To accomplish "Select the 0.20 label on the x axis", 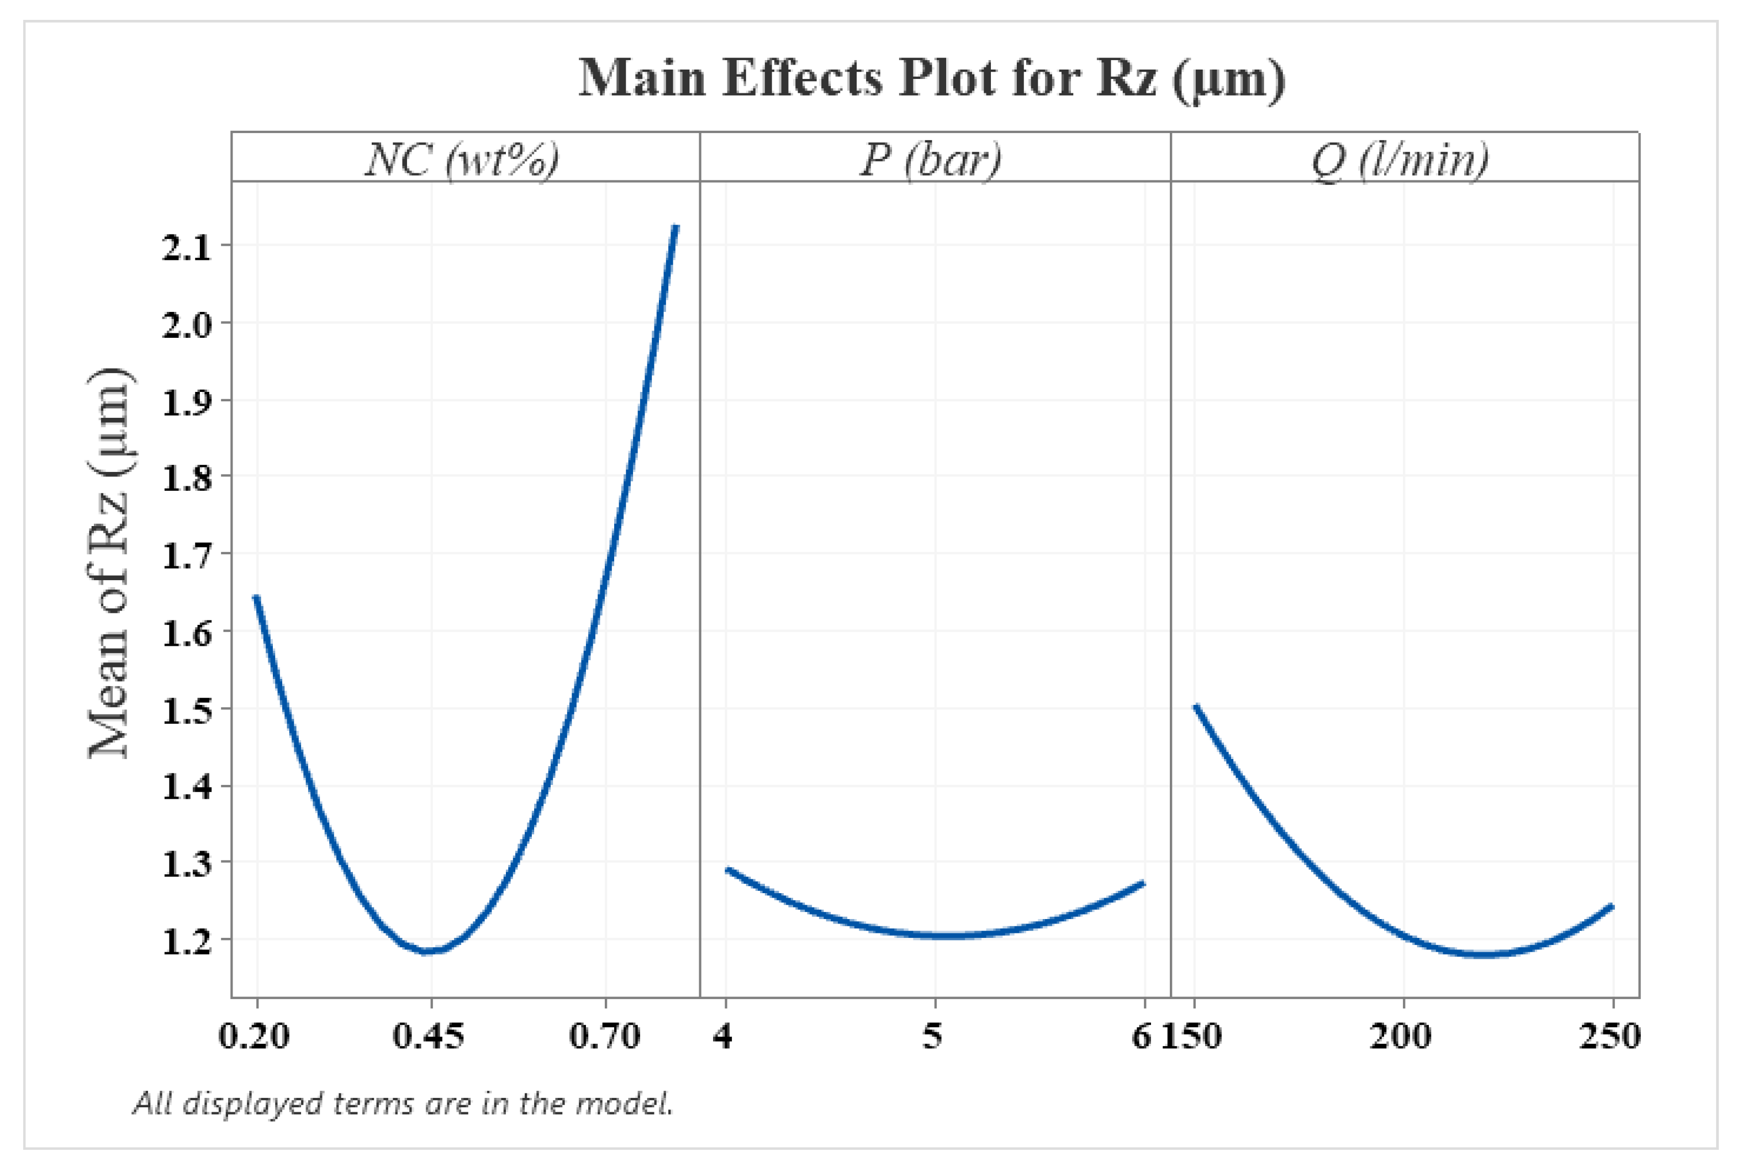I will tap(254, 1036).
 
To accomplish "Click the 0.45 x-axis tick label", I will tap(429, 1036).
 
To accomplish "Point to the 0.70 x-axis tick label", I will tap(605, 1036).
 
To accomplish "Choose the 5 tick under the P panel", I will tap(932, 1036).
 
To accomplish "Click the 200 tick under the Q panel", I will tap(1401, 1036).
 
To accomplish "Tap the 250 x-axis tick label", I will tap(1609, 1036).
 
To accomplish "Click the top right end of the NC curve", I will tap(675, 226).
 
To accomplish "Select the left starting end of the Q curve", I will tap(1196, 706).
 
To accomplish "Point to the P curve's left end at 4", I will tap(727, 869).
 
